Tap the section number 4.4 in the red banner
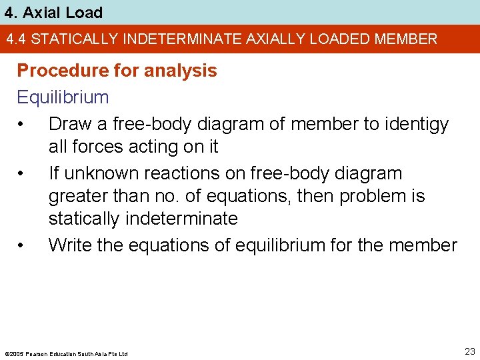coord(17,39)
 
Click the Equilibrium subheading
coord(63,97)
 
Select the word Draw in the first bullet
coord(69,124)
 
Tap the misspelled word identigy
coord(415,124)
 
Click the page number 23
coord(470,351)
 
